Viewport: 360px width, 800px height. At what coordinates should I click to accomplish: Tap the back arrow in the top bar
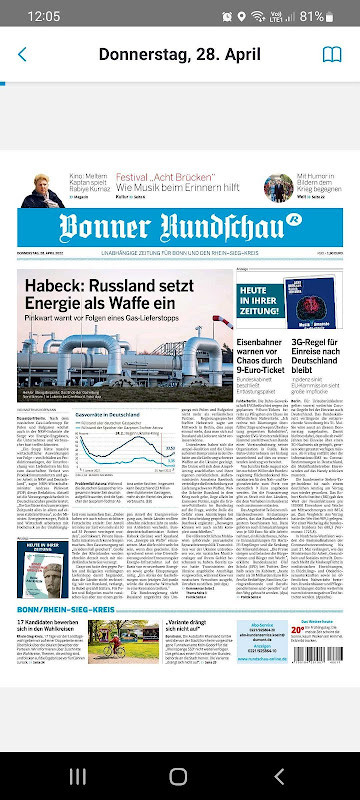(x=22, y=54)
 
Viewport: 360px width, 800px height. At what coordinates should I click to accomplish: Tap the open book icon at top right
(x=332, y=54)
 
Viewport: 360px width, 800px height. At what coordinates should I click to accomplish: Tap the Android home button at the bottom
(x=178, y=776)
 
